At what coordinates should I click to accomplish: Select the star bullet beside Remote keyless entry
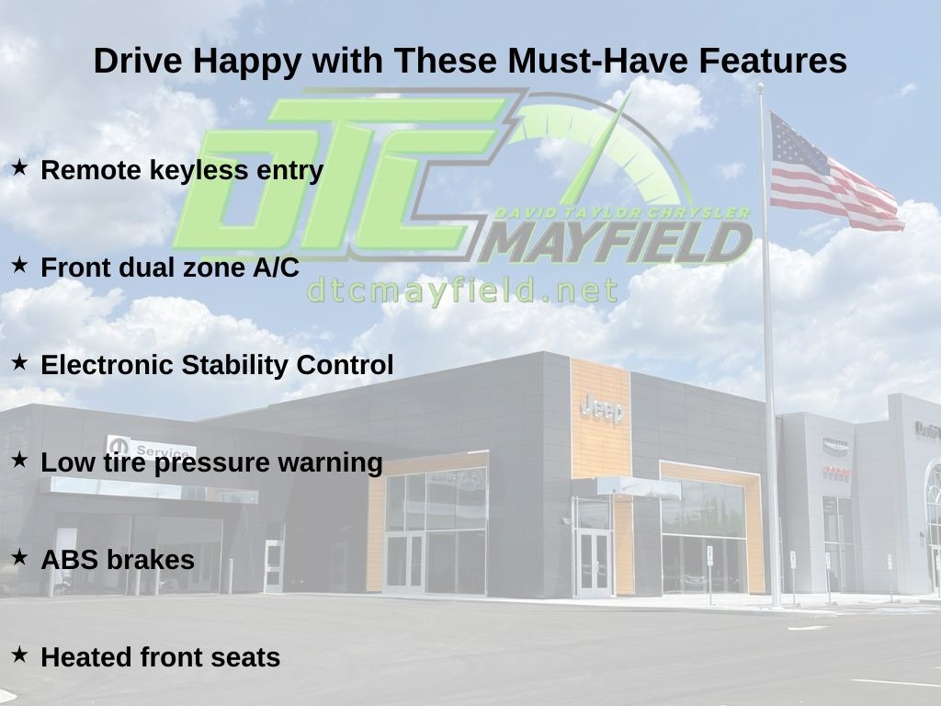tap(20, 167)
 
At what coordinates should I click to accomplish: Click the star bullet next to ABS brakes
tap(20, 557)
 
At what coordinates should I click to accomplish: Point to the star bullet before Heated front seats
tap(20, 655)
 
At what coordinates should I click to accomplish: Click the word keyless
tap(198, 171)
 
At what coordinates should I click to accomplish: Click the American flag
tap(834, 174)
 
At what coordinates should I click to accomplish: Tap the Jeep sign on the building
tap(602, 410)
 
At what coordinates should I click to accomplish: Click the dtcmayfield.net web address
tap(461, 290)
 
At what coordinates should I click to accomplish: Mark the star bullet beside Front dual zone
tap(20, 265)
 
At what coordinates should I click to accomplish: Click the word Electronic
tap(108, 365)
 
